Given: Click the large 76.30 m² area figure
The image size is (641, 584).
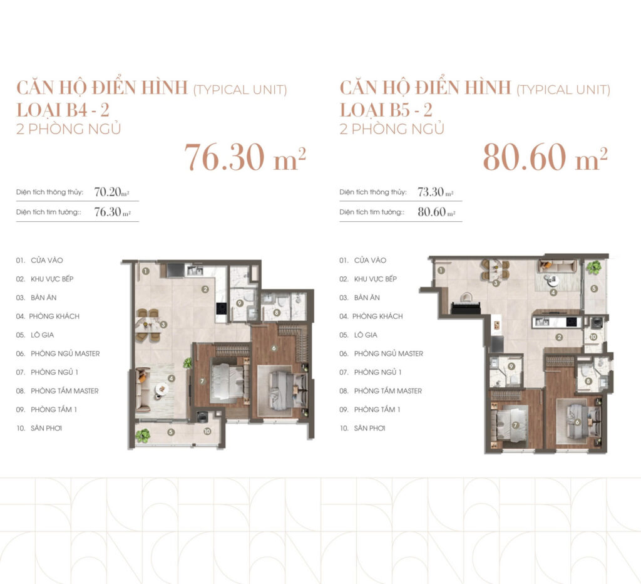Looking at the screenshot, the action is tap(245, 157).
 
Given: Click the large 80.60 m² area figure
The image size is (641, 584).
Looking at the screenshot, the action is tap(545, 157).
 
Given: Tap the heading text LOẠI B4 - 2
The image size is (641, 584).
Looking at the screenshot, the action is tap(63, 110).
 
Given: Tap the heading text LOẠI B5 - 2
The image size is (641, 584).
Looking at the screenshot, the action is tap(386, 110).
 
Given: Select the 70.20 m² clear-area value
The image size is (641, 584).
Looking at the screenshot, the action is tap(111, 192).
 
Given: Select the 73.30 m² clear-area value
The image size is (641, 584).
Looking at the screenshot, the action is tap(436, 192).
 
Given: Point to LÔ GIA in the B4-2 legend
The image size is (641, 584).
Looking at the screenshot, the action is tap(42, 335).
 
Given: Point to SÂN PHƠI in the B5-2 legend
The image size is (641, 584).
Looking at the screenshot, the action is tap(369, 428).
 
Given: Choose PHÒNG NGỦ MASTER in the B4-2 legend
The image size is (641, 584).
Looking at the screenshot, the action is tap(65, 353).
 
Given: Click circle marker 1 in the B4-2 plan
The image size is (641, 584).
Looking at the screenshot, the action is tap(146, 271).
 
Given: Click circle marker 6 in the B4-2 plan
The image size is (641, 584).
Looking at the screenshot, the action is tap(274, 348).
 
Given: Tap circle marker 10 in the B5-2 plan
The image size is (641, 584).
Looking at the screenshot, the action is tap(593, 337).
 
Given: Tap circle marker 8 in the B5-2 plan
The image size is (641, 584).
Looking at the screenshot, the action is tap(588, 381).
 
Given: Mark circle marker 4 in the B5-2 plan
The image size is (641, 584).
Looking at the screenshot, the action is tap(553, 292).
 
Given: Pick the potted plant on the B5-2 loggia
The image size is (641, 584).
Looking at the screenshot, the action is tap(593, 268).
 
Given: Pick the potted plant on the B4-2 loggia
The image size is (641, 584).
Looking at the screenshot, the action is tap(143, 435).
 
